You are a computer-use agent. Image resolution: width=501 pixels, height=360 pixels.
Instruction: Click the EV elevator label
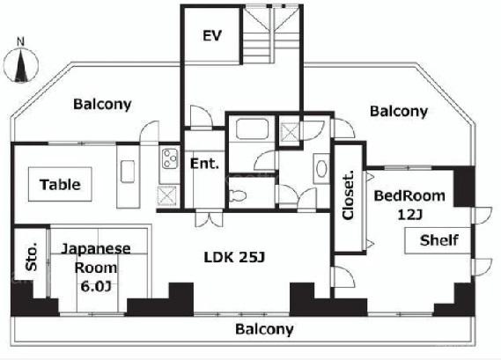[212, 35]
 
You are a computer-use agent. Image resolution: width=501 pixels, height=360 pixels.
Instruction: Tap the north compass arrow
[21, 65]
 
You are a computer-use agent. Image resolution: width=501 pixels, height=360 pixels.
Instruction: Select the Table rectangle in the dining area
[60, 184]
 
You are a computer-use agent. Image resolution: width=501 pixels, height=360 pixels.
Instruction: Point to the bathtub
[252, 129]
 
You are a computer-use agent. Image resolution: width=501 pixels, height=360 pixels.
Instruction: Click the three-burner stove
[170, 158]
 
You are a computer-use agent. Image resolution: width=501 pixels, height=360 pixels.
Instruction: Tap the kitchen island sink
[128, 172]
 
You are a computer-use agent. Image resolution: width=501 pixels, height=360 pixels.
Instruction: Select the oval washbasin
[321, 169]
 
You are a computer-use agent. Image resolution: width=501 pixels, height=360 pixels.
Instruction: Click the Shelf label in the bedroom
[439, 240]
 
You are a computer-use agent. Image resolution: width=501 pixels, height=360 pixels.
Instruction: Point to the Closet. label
[349, 195]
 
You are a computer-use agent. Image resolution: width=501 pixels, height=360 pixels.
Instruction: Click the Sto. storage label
[32, 257]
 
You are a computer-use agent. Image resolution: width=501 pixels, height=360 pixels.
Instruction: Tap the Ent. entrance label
[204, 164]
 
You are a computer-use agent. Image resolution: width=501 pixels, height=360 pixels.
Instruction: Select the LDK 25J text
[234, 257]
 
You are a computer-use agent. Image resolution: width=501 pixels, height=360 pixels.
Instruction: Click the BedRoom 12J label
[409, 205]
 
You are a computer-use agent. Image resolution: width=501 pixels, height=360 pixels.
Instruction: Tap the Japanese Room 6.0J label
[96, 268]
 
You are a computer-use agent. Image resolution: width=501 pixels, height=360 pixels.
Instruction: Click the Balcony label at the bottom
[264, 329]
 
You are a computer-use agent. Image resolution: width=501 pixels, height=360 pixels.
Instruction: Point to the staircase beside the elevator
[273, 34]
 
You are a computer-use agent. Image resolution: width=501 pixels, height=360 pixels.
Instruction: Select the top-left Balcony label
[102, 104]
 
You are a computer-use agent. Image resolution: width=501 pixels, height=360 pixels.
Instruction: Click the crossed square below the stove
[166, 195]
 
